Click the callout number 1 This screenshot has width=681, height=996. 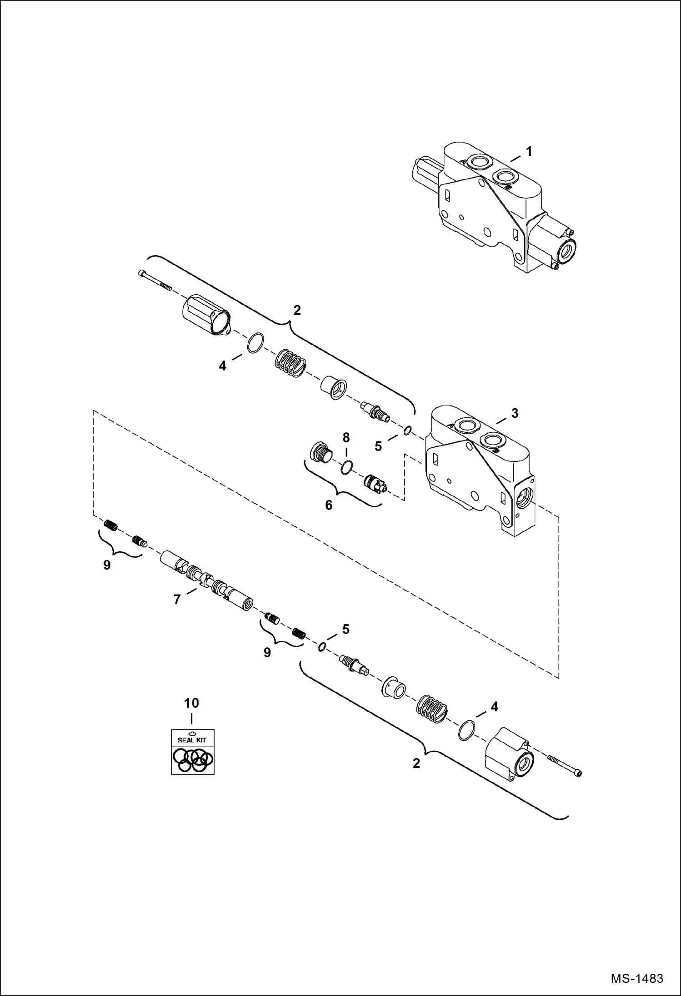click(529, 151)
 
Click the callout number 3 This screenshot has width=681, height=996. click(515, 413)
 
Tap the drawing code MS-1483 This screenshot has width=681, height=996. click(636, 978)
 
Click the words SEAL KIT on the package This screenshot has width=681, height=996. click(192, 740)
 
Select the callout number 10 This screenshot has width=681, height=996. click(191, 703)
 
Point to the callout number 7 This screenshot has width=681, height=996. click(177, 600)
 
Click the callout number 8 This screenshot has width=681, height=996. click(346, 438)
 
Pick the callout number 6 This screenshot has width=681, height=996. click(329, 505)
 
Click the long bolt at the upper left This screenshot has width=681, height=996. click(155, 280)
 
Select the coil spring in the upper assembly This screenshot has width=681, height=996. click(290, 363)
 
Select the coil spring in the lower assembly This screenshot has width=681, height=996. click(432, 709)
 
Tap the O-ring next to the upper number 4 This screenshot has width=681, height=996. click(255, 342)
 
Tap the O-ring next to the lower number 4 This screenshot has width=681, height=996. click(466, 730)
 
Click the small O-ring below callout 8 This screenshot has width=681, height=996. click(347, 467)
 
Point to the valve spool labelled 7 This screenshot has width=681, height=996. click(207, 580)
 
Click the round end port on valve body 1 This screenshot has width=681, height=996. click(567, 250)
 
